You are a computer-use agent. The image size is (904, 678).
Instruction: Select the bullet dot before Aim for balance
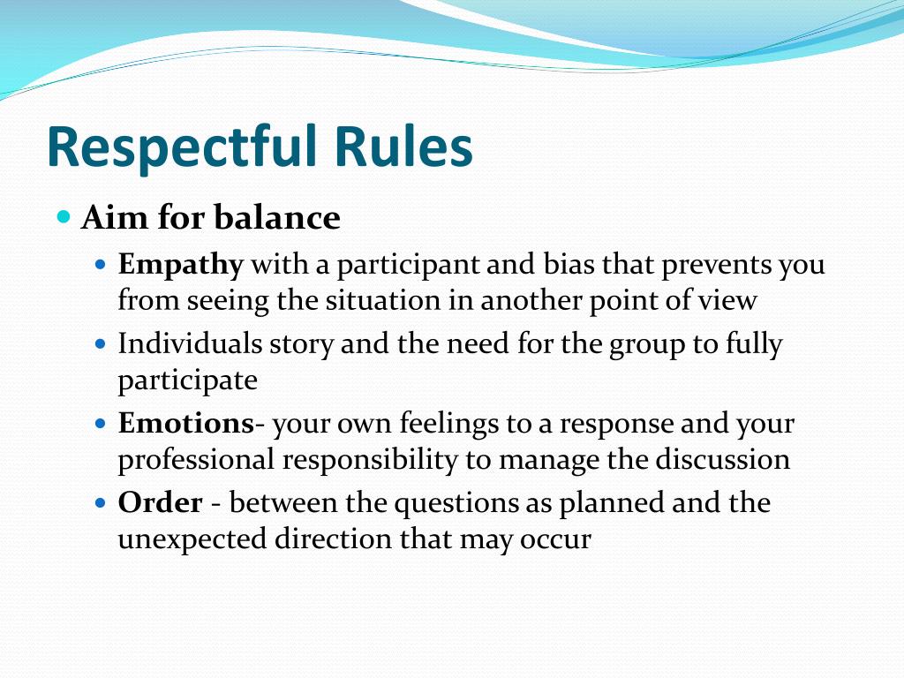[64, 216]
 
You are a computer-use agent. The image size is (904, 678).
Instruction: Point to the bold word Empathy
[180, 265]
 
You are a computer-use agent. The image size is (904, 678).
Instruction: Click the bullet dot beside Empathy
[101, 264]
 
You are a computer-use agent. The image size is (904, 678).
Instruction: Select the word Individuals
[188, 343]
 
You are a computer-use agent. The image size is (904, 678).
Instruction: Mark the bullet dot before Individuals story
[101, 343]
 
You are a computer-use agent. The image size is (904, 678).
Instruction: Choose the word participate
[187, 380]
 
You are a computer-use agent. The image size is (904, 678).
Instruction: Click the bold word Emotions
[185, 424]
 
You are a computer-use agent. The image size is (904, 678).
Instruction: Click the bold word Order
[160, 502]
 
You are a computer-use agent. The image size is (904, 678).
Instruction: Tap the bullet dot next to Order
[101, 502]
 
